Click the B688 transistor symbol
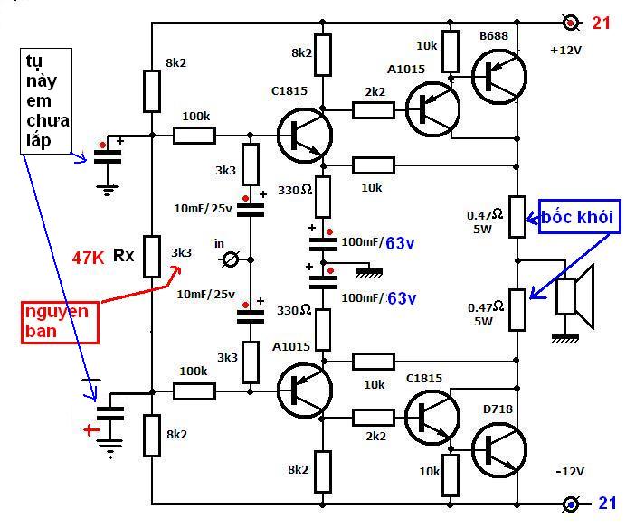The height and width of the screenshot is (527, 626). click(499, 77)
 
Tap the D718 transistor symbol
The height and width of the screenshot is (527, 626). click(499, 450)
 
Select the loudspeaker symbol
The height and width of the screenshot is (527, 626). click(575, 296)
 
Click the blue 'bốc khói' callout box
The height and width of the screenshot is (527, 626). click(580, 216)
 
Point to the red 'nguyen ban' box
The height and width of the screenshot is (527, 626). click(60, 323)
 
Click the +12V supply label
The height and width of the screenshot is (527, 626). click(565, 51)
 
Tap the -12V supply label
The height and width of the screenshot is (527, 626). click(570, 472)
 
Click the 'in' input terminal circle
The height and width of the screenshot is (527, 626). click(231, 260)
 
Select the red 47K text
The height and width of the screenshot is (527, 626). click(88, 259)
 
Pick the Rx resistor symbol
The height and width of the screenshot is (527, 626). click(152, 257)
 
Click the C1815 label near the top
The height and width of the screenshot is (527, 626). click(289, 91)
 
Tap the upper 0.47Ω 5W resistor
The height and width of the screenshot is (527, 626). click(517, 217)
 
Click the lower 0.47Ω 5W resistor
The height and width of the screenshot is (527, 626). click(517, 310)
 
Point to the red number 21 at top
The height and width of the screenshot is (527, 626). click(602, 24)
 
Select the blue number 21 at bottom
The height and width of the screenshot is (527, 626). click(607, 503)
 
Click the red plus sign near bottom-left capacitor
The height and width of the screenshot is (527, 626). click(91, 429)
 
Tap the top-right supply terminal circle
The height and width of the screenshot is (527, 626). click(571, 23)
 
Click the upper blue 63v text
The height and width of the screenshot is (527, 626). click(400, 243)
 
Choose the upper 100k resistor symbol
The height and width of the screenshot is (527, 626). click(194, 136)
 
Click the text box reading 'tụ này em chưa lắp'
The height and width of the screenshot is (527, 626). click(46, 101)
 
